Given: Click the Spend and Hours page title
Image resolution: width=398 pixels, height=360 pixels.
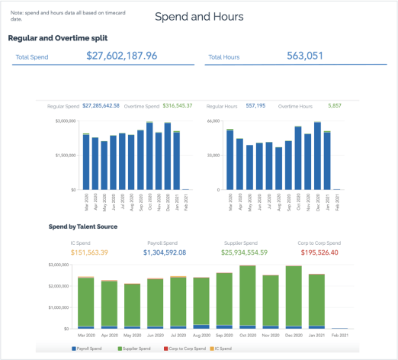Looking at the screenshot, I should click(x=199, y=16).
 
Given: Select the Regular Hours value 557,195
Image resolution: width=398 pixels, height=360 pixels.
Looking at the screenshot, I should click(x=255, y=106).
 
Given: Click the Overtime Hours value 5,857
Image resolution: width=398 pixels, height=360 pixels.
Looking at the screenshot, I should click(x=335, y=106).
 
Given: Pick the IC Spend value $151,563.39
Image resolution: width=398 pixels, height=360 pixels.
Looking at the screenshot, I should click(x=91, y=252).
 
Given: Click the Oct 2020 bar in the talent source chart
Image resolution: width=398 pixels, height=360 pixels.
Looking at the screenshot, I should click(x=247, y=297).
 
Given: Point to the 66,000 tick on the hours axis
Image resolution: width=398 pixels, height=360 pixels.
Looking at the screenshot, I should click(x=213, y=121).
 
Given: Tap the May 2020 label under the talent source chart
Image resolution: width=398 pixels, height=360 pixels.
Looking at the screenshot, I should click(x=133, y=335).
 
